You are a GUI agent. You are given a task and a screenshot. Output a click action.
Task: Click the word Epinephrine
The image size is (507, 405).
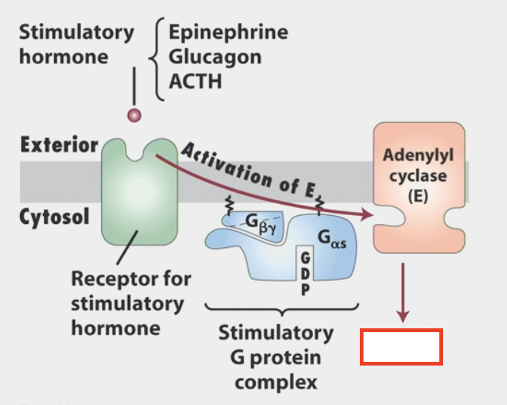[227, 33]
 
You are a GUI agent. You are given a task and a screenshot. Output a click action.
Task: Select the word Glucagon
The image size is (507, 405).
[215, 57]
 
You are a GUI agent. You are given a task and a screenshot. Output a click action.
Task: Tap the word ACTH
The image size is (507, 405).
[195, 80]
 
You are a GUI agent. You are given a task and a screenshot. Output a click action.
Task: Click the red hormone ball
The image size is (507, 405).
[135, 115]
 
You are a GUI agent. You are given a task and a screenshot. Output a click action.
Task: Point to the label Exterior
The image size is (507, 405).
[59, 144]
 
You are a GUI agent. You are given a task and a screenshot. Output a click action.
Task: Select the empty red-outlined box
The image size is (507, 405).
[401, 347]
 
